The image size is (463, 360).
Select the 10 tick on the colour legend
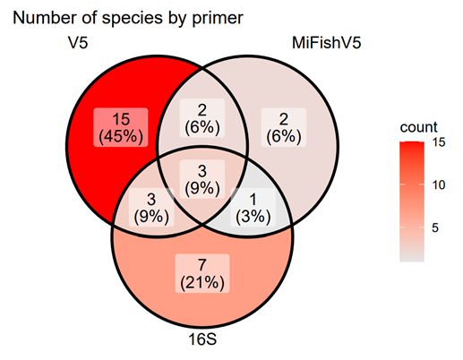click(x=437, y=185)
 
